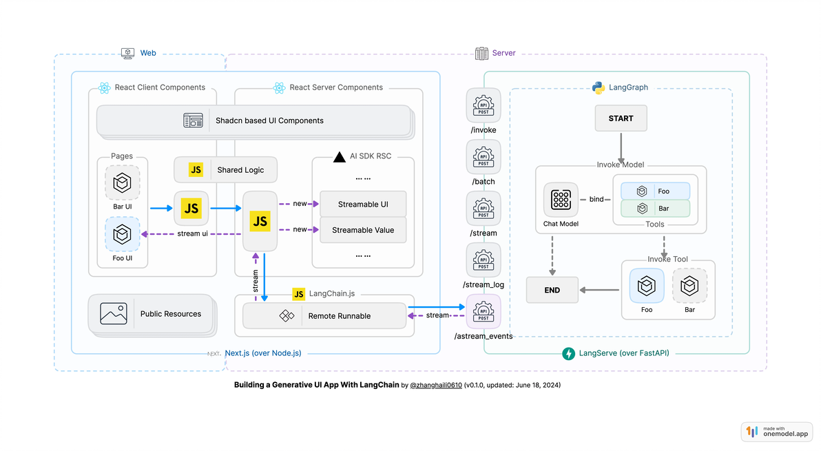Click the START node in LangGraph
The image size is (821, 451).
coord(621,118)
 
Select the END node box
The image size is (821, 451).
coord(552,290)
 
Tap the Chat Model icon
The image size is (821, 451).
coord(561,200)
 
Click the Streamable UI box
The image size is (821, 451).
coord(363,204)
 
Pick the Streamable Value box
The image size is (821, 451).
coord(363,230)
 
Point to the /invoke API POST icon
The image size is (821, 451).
coord(484,105)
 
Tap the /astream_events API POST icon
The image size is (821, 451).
coord(484,311)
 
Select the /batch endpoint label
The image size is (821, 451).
coord(484,182)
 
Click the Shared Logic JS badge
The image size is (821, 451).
coord(196,169)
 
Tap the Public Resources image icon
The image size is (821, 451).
coord(114,314)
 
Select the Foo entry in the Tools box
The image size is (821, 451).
coord(655,191)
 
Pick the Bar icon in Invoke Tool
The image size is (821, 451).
coord(689,286)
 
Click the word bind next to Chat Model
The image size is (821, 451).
coord(596,200)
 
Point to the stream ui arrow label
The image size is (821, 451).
coord(192,233)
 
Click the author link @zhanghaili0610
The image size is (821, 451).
coord(435,386)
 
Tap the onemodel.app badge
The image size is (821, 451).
coord(777,432)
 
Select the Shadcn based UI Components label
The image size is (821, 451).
coord(269,120)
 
